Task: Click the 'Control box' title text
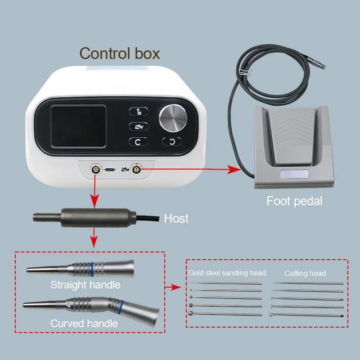120,54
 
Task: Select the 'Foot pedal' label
294,201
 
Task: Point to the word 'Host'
176,219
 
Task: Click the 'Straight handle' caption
85,285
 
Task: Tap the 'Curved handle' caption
84,324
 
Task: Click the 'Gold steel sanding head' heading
227,273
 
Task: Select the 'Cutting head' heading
305,273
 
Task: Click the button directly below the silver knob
172,142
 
